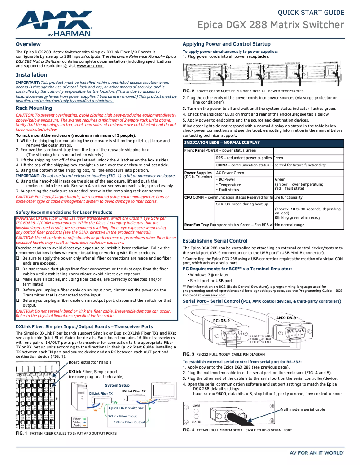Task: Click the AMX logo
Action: click(x=54, y=22)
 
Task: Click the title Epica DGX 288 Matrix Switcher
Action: click(x=271, y=25)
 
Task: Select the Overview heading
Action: click(x=28, y=44)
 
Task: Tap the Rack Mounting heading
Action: click(x=34, y=108)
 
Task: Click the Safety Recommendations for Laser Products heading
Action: click(x=64, y=212)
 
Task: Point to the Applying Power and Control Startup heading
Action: click(x=226, y=44)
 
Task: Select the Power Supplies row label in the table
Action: click(x=198, y=173)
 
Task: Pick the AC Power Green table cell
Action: click(x=230, y=173)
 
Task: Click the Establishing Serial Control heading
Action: click(x=215, y=241)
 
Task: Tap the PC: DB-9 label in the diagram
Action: click(x=221, y=321)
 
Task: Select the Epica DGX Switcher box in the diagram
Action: click(x=126, y=408)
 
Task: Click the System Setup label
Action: click(x=117, y=386)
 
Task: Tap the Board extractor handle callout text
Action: click(x=90, y=362)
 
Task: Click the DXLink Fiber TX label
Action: click(x=101, y=393)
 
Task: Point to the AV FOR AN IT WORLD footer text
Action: click(x=317, y=453)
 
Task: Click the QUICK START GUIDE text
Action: click(x=311, y=13)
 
